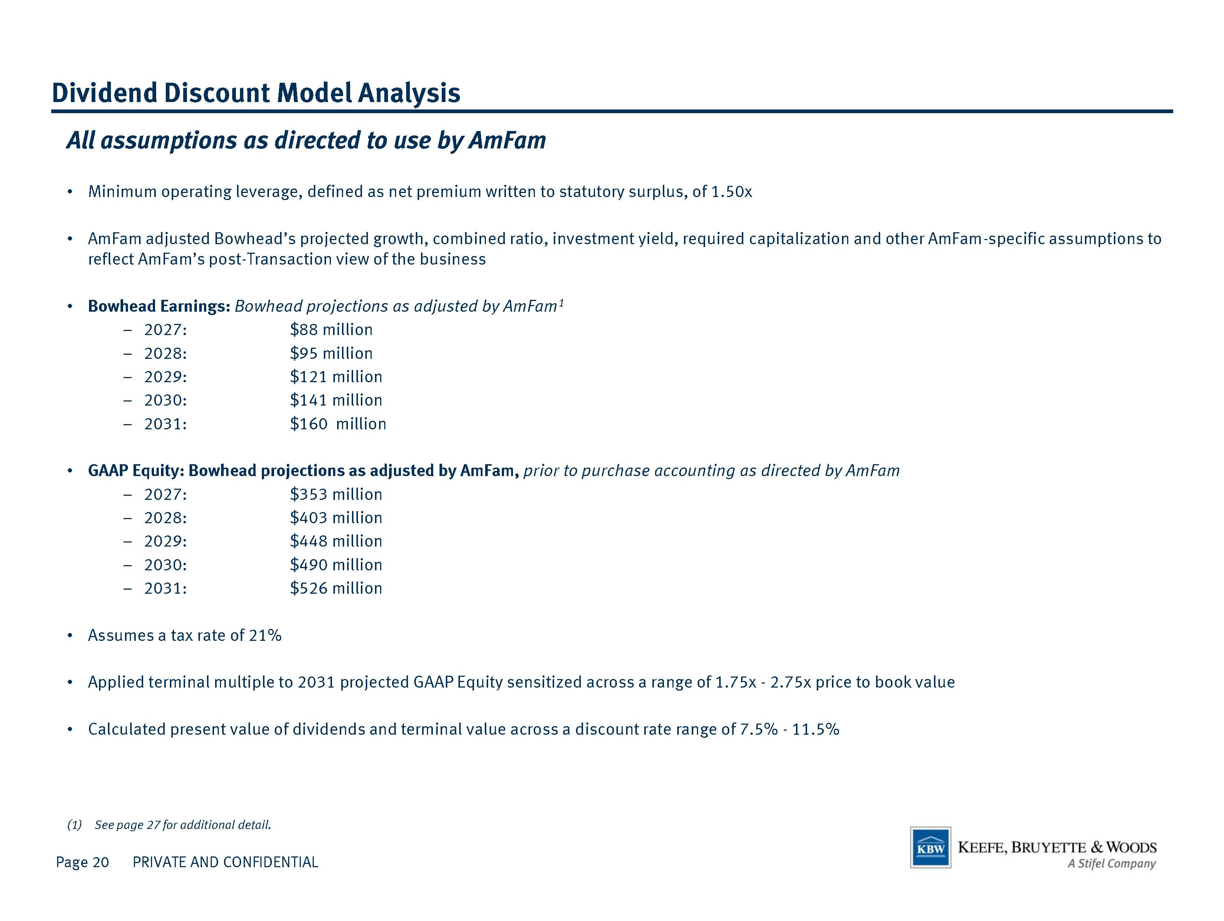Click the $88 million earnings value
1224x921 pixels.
[331, 330]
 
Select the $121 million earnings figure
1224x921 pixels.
[336, 377]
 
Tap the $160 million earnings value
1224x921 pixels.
[338, 424]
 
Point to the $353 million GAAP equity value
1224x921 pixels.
[336, 494]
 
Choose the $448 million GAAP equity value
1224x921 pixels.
[336, 541]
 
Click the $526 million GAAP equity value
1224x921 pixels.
[336, 589]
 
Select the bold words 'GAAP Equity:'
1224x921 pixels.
[136, 471]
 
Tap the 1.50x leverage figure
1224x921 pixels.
[731, 192]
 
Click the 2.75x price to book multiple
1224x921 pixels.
[791, 682]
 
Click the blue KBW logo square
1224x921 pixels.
[931, 848]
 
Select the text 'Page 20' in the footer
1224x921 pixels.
[82, 862]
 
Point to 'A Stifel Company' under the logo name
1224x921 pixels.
[1111, 863]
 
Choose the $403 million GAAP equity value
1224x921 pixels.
[336, 518]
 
